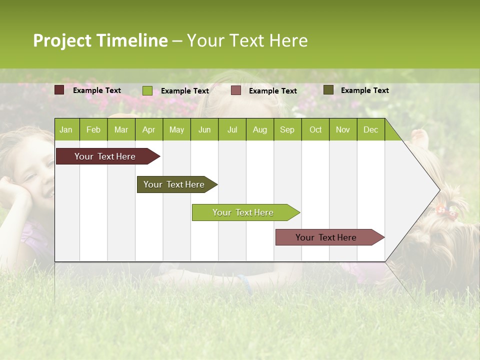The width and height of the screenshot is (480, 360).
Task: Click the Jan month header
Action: tap(66, 129)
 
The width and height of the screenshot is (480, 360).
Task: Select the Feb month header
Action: tap(93, 129)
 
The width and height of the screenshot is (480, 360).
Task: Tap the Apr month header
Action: tap(148, 129)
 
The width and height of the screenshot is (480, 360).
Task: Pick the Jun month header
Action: tap(204, 129)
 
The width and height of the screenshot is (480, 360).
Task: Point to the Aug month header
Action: tap(259, 129)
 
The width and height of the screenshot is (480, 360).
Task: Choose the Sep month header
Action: tap(287, 129)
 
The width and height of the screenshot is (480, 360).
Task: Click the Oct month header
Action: tap(315, 129)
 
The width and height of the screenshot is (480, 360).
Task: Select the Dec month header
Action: tap(370, 129)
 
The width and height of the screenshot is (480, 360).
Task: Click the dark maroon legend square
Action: tap(59, 90)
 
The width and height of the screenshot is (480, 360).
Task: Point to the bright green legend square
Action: tap(147, 90)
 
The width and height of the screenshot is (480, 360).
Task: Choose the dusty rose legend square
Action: tap(236, 90)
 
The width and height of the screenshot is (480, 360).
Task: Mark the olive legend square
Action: tap(328, 90)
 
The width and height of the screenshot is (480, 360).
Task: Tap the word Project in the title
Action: tap(62, 40)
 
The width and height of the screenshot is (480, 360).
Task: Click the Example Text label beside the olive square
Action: tap(364, 90)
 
